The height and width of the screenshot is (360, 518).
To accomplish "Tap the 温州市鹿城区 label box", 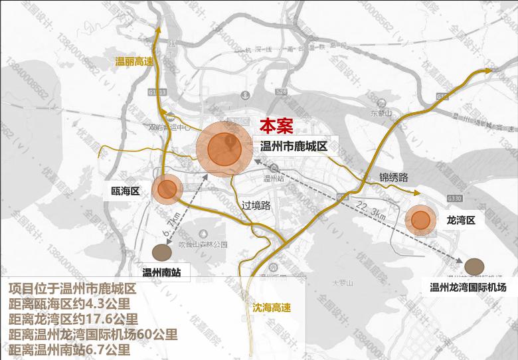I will click(294, 146).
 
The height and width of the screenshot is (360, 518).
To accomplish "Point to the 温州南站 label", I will click(162, 272).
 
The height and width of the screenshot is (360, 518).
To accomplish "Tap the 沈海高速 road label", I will click(272, 308).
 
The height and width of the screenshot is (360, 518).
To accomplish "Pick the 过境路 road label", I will click(256, 205).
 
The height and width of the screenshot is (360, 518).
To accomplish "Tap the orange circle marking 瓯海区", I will click(166, 190).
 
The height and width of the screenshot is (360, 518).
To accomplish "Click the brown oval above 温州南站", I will click(162, 252).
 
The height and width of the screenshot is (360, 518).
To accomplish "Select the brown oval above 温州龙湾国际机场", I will click(474, 266).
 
